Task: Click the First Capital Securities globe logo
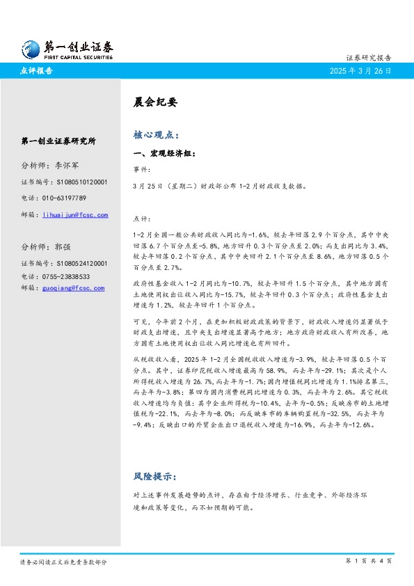click(x=30, y=48)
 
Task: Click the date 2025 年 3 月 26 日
click(x=360, y=71)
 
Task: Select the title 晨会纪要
click(x=155, y=102)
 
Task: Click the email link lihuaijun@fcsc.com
click(x=75, y=215)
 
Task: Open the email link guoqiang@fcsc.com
click(x=73, y=288)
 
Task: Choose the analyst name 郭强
click(x=63, y=247)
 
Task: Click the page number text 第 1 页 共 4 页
click(x=369, y=561)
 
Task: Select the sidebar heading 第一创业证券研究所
click(x=58, y=141)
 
